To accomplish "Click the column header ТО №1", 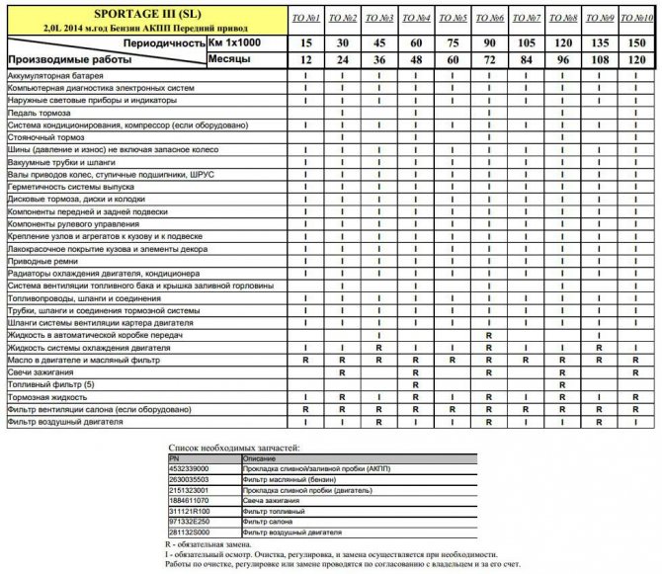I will (305, 19).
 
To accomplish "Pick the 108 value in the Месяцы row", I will (599, 59).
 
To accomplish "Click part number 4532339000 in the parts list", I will (193, 469).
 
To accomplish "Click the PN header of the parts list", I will (175, 458).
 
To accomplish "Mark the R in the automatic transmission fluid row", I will (490, 335).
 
